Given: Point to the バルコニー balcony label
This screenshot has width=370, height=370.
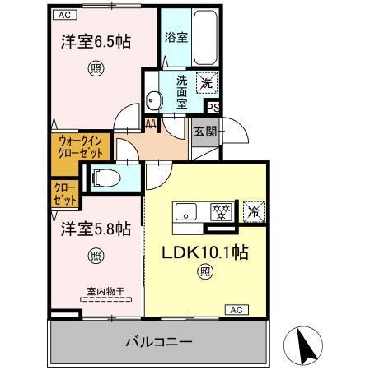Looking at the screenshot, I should (159, 341).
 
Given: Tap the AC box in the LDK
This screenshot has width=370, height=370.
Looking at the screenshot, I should (235, 310).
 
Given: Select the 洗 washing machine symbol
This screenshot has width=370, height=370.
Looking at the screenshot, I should (208, 82).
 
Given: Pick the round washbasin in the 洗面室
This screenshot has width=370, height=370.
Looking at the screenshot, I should (154, 101).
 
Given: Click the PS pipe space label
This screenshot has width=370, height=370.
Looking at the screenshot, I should (213, 107).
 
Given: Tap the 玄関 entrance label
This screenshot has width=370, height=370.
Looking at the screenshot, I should (204, 131).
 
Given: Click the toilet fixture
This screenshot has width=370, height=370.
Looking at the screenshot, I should (104, 176).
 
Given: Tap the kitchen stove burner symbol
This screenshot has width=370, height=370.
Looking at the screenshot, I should (219, 210).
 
